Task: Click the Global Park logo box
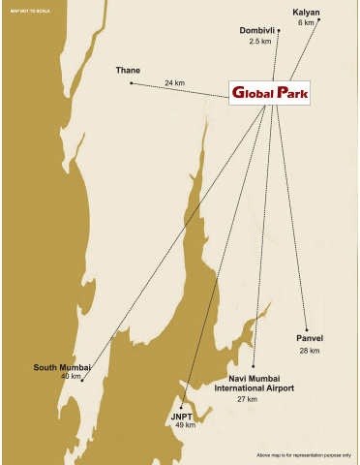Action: (x=269, y=93)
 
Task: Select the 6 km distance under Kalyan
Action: (x=306, y=22)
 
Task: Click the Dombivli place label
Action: (x=258, y=31)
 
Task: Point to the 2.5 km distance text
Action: (x=259, y=42)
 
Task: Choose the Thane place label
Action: (x=128, y=71)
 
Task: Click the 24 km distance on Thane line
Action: (x=174, y=83)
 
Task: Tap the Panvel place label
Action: (x=310, y=338)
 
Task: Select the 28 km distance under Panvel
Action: (x=310, y=350)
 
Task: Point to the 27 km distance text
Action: (x=248, y=399)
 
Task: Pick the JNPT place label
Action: (x=184, y=415)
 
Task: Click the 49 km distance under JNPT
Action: (x=185, y=424)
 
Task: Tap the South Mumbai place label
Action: (x=62, y=367)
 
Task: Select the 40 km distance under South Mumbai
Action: (x=71, y=376)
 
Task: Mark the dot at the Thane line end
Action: (x=131, y=83)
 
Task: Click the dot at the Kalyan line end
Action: (x=318, y=19)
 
